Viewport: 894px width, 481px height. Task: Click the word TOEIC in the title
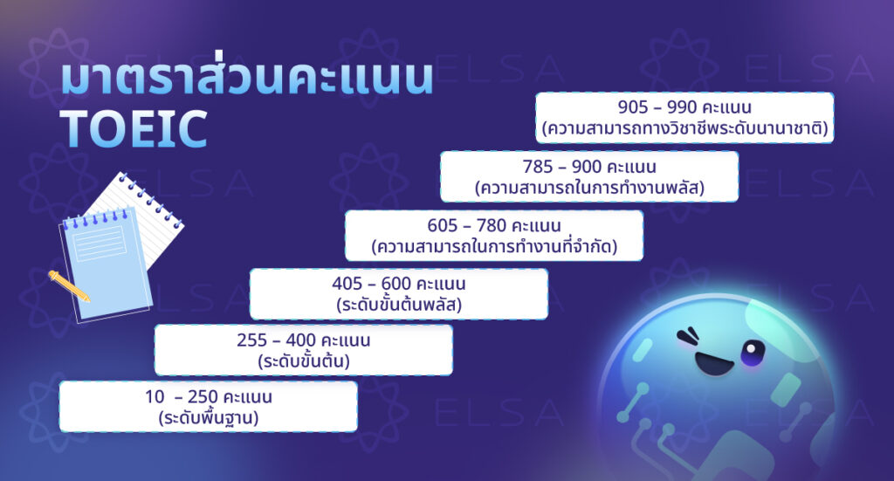coord(134,128)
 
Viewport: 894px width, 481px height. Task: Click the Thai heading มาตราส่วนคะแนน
coord(247,79)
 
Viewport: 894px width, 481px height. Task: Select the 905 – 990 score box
coord(684,119)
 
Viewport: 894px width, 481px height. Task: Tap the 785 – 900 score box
coord(589,177)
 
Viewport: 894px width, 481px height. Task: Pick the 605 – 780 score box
coord(494,236)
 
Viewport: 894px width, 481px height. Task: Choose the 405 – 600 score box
coord(399,294)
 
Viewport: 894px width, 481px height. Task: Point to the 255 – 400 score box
coord(304,350)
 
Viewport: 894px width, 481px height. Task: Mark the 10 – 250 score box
coord(209,407)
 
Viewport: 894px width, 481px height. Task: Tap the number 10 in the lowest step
coord(155,397)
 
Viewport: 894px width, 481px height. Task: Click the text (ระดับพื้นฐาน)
coord(209,418)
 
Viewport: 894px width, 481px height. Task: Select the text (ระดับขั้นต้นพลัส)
coord(398,306)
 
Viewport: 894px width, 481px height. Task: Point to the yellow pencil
coord(69,286)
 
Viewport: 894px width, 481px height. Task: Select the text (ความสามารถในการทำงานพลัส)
coord(589,188)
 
